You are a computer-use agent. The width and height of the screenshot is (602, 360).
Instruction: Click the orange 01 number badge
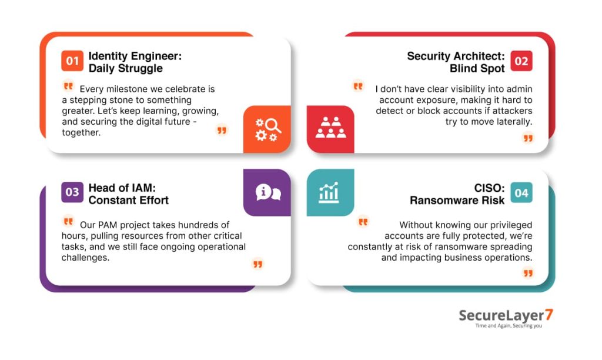[x=72, y=61]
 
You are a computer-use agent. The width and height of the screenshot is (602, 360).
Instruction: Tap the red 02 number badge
[x=521, y=61]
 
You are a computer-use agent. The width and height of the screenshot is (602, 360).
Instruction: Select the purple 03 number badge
[x=72, y=192]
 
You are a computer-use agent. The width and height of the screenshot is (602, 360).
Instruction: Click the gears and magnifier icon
[x=267, y=129]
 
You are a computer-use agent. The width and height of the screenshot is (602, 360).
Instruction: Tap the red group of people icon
[x=330, y=128]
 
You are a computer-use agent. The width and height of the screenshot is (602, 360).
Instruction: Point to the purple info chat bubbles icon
[x=267, y=192]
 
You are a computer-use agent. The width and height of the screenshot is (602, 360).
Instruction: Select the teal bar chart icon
[x=330, y=192]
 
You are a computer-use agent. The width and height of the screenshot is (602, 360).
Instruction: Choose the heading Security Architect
[x=456, y=56]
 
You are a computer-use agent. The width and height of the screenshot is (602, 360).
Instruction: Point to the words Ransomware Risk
[x=457, y=200]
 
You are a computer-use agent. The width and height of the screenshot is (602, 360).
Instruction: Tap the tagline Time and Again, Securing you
[x=509, y=326]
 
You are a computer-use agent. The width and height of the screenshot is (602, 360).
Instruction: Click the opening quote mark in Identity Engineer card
[x=68, y=86]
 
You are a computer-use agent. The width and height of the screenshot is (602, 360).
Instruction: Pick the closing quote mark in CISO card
[x=528, y=273]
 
